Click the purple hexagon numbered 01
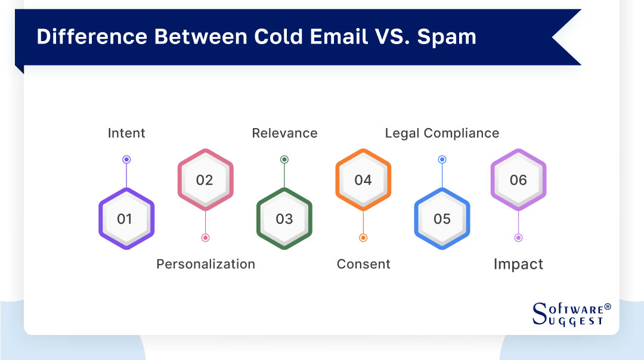coord(126,219)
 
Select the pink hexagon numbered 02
coord(205,180)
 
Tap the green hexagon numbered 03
coord(284,219)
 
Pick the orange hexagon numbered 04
coord(363,180)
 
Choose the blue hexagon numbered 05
coord(442,219)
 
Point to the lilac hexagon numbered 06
coord(518,180)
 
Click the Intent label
coord(126,133)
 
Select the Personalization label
coord(206,264)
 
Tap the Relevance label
coord(284,133)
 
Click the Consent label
coord(363,264)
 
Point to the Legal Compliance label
coord(442,133)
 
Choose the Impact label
coord(518,264)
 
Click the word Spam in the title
coord(447,37)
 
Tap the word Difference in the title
coord(92,37)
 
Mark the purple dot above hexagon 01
coord(126,160)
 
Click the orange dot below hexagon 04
coord(363,238)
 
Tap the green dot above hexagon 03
coord(284,160)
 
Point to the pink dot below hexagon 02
coord(205,238)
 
